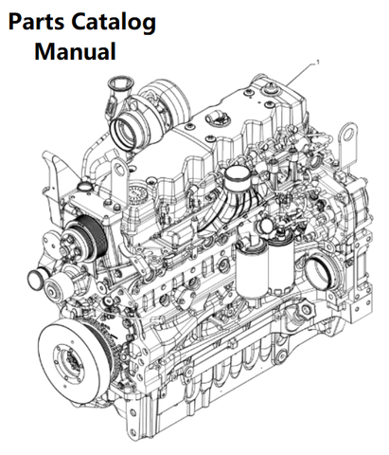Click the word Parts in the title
[36, 23]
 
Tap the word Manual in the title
[75, 51]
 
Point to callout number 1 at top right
[318, 63]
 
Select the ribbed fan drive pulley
[82, 236]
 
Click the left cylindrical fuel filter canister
[252, 272]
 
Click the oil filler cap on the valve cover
[214, 119]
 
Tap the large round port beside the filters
[319, 273]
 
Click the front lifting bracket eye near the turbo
[119, 171]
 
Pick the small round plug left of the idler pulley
[35, 278]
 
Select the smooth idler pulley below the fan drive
[54, 287]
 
